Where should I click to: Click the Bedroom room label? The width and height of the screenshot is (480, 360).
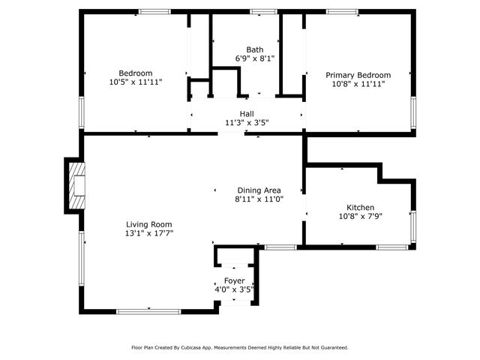tap(136, 73)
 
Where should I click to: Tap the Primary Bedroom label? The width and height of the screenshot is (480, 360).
tap(358, 75)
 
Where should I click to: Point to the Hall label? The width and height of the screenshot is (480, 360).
tap(246, 114)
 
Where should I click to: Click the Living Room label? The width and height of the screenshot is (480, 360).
tap(149, 224)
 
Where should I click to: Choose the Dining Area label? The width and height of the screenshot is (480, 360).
tap(259, 190)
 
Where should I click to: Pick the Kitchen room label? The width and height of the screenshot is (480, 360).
tap(360, 208)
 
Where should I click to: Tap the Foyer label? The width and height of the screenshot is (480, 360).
tap(235, 280)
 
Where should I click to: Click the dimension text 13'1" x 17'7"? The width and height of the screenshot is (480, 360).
tap(149, 233)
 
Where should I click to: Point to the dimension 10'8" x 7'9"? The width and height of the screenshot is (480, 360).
tap(360, 217)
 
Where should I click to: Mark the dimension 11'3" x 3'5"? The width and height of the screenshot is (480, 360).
tap(246, 122)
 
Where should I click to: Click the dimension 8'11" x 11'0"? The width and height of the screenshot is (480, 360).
tap(259, 199)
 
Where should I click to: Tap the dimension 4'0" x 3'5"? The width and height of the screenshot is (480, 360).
tap(235, 289)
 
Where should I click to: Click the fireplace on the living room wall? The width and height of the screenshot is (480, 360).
tap(76, 185)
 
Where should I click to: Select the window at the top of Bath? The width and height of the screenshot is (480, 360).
tap(263, 11)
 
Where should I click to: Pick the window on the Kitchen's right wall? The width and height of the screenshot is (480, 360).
tap(412, 226)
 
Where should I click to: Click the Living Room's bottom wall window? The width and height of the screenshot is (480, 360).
tap(148, 311)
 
